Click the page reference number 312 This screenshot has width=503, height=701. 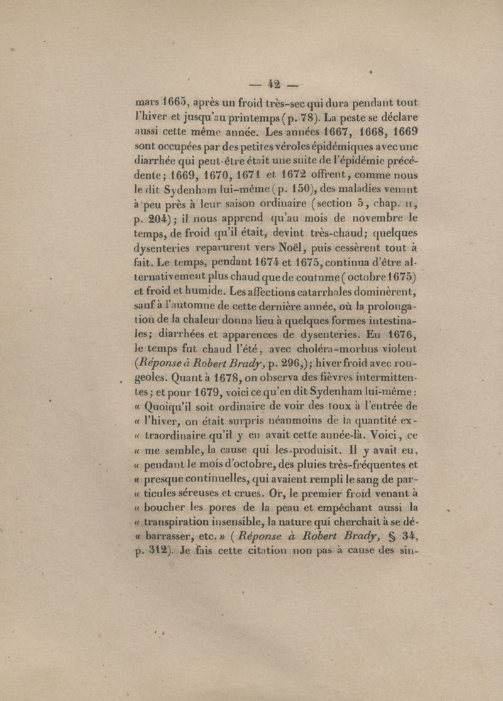(156, 550)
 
